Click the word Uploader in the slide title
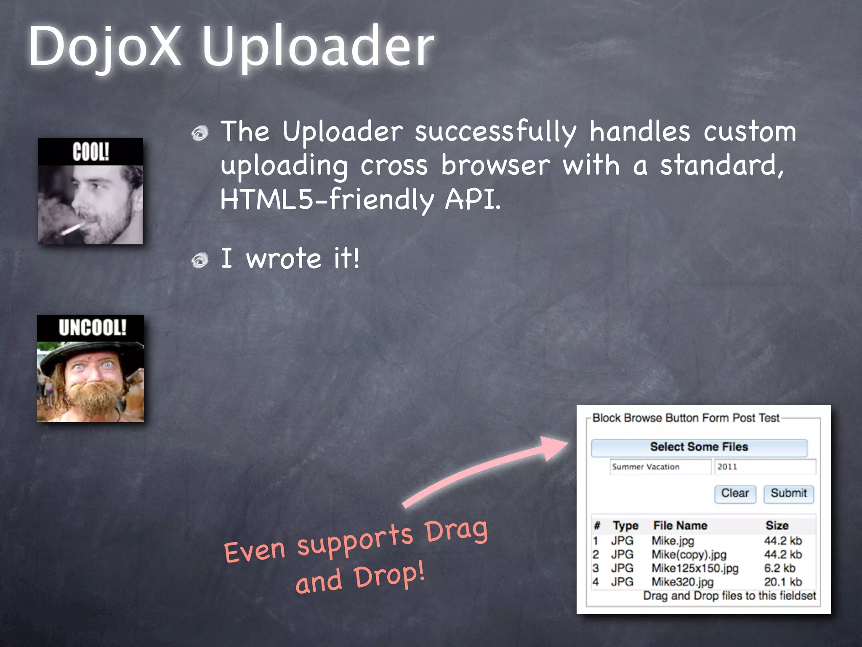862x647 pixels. pos(318,47)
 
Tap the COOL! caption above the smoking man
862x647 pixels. pos(90,152)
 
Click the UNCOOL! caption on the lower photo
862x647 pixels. pos(92,328)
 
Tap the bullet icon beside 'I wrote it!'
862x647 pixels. pos(200,260)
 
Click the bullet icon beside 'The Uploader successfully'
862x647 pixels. pos(200,134)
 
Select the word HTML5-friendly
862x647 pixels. pos(327,199)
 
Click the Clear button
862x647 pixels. pos(735,494)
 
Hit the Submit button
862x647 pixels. pos(788,494)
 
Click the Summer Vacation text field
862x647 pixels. pos(660,467)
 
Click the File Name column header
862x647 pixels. pos(680,526)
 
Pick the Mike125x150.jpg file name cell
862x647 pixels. pos(695,568)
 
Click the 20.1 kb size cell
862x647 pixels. pos(783,582)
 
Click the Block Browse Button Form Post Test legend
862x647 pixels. pos(686,418)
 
